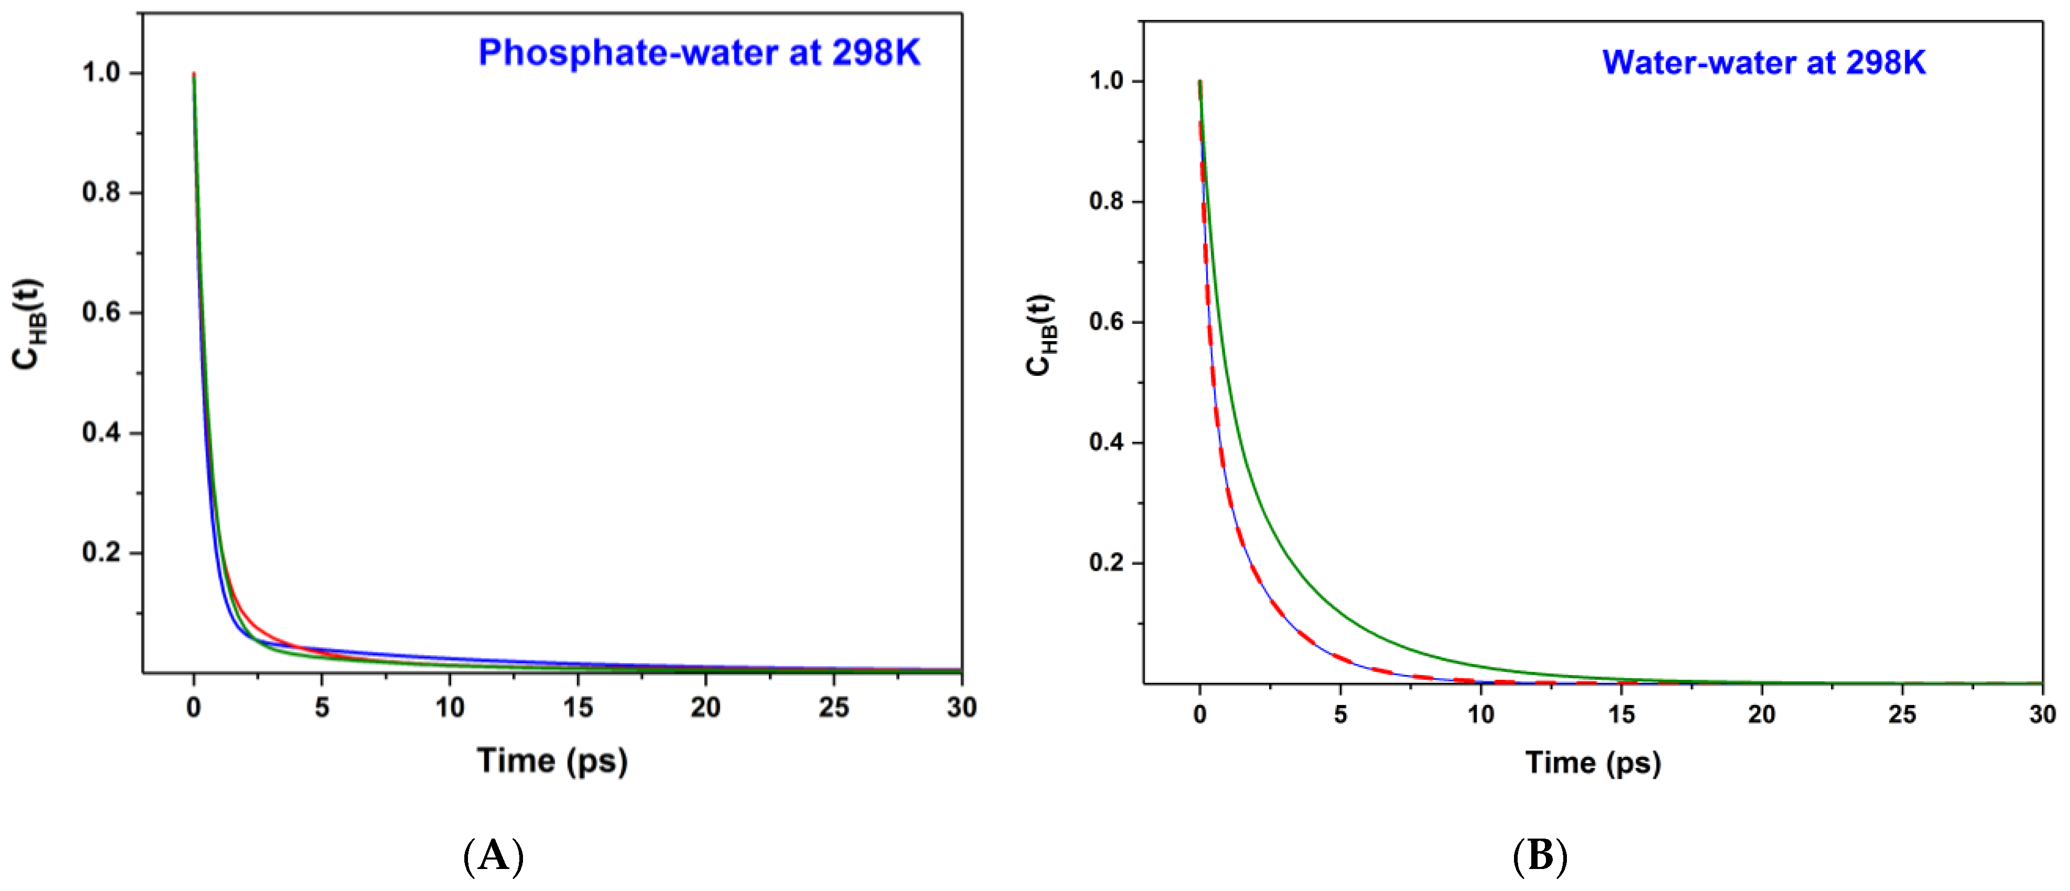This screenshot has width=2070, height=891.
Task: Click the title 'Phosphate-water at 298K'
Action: pos(699,53)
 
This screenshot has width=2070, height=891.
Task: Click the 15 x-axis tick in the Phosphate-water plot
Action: pos(578,708)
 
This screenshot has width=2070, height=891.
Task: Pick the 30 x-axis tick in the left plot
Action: pos(961,708)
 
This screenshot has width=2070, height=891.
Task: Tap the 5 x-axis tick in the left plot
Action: pos(321,708)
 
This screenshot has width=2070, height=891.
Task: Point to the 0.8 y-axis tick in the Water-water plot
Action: pos(1106,202)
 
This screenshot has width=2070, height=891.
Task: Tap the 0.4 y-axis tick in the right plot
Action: pos(1106,443)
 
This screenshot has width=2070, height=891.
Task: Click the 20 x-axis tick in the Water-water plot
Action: pos(1761,714)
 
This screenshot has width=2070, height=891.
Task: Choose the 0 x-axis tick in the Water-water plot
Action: pos(1200,714)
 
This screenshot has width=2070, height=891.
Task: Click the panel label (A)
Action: pos(493,856)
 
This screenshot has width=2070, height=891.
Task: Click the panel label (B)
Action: pos(1540,856)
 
